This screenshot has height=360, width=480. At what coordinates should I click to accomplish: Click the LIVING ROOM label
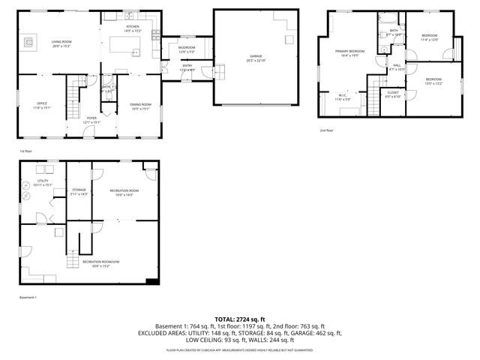coord(61,41)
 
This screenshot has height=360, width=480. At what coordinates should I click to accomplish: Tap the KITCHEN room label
coord(133,27)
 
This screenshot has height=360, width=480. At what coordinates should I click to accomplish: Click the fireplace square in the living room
coord(29,42)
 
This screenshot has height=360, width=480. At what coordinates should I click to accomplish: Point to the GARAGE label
coord(256,56)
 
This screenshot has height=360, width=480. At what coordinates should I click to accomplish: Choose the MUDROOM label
coord(187,47)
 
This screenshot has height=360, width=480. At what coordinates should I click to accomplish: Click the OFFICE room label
coord(43,103)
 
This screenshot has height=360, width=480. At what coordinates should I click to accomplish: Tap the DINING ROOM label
coord(141,103)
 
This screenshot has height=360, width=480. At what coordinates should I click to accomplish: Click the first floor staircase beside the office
coord(74,94)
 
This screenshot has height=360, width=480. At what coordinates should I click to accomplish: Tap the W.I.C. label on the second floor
coord(341,95)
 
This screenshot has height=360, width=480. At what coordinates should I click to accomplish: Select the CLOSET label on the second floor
coord(393,92)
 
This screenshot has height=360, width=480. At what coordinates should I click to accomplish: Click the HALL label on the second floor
coord(396,65)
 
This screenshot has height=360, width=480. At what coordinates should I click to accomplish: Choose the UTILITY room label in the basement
coord(43,181)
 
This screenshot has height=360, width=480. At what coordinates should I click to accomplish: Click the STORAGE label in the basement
coord(79,190)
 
